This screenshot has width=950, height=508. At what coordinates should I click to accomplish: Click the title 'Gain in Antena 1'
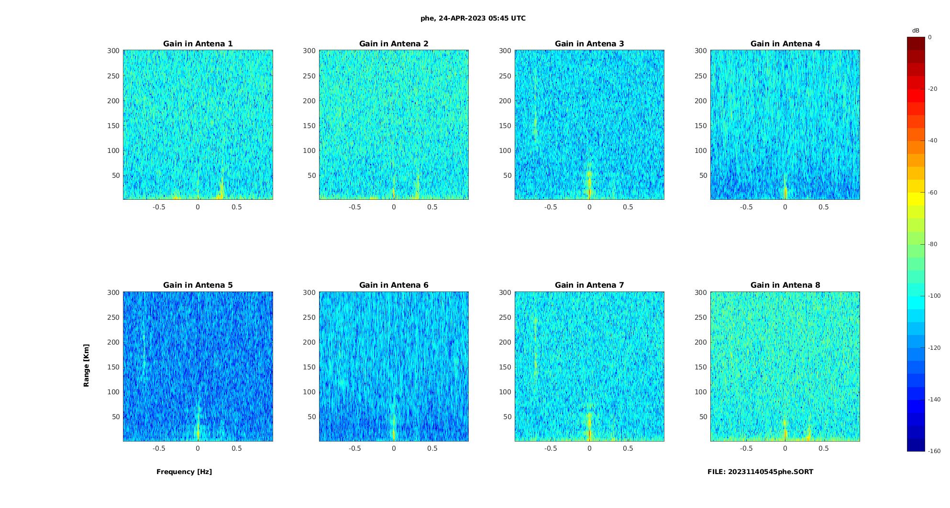point(198,44)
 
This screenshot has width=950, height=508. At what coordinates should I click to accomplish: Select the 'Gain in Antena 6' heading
point(394,285)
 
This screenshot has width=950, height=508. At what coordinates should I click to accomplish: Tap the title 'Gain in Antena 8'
point(785,285)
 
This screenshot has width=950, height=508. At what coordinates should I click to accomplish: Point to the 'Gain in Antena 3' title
point(589,44)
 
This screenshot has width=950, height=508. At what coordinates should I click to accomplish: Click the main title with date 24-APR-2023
point(473,19)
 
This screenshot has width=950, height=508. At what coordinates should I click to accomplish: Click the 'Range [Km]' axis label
point(87,366)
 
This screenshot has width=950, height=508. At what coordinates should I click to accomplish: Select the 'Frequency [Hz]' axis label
point(184,472)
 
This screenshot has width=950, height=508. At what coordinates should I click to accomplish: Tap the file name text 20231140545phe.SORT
point(761,472)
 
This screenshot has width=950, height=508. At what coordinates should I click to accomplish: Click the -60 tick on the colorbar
point(933,193)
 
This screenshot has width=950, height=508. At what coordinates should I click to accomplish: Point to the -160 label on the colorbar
point(934,451)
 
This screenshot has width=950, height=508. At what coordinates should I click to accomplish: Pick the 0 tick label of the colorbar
point(930,37)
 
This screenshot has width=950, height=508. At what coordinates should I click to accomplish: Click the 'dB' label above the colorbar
point(916,31)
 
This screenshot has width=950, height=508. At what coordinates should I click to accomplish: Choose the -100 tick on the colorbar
point(934,296)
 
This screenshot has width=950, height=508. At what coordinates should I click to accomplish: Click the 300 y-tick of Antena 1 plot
point(113,51)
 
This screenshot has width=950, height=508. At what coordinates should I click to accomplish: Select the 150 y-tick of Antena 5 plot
point(113,367)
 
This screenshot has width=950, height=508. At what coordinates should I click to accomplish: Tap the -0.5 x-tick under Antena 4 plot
point(746,207)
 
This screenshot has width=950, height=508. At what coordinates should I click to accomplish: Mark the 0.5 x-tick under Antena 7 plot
point(628,448)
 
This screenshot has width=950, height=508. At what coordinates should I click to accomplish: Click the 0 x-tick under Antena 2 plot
point(394,207)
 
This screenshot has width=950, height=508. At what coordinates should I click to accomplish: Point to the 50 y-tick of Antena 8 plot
point(703,417)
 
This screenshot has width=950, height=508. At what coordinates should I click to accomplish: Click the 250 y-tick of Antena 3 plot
point(505,76)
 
